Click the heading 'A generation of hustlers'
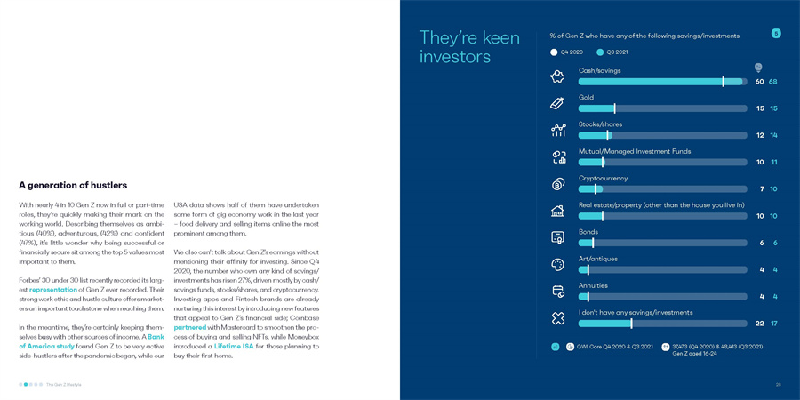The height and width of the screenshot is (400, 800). pos(73,186)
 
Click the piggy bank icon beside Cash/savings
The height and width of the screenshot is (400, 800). pos(557,77)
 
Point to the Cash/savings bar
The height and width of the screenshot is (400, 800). pos(661,82)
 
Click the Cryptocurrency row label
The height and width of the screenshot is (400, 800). pos(603,179)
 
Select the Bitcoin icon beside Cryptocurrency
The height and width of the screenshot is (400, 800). pos(557,185)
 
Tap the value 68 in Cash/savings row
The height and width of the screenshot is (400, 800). pos(773,82)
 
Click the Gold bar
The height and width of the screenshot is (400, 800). pos(661,108)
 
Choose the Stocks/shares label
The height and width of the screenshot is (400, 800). pos(600,124)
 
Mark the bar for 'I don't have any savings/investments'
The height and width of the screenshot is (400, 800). pos(661,324)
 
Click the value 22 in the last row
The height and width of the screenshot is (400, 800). pos(759,324)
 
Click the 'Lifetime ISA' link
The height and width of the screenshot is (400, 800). pos(234,347)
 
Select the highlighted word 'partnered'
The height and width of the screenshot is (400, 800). pos(190,328)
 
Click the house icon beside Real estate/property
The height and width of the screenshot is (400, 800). pos(557,212)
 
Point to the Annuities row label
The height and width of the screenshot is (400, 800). pos(593,286)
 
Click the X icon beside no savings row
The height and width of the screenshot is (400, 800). pos(557,318)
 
